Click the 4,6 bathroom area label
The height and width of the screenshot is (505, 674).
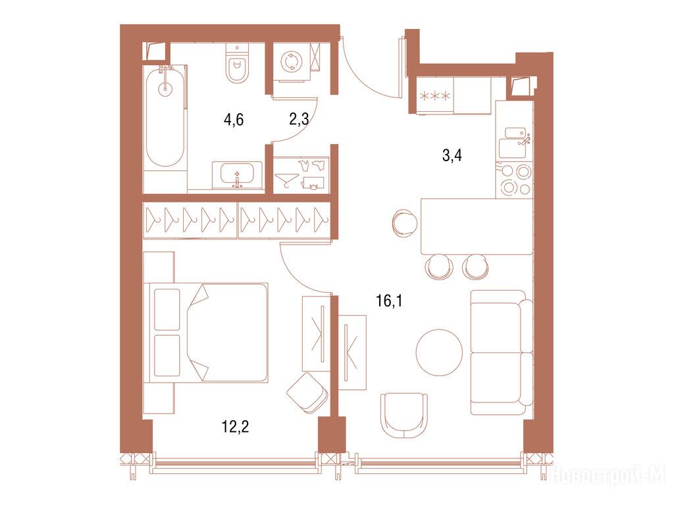[x=234, y=120]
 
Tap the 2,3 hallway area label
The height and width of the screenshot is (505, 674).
[x=299, y=119]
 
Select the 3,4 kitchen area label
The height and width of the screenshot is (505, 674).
[x=452, y=155]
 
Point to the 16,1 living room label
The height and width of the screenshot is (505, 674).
[x=389, y=301]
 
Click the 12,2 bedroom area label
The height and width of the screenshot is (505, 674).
[x=236, y=427]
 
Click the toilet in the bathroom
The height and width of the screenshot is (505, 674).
[x=237, y=64]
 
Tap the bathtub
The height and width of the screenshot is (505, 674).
[x=165, y=116]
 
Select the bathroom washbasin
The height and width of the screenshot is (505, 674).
[x=236, y=175]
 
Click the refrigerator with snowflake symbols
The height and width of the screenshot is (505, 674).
[x=435, y=95]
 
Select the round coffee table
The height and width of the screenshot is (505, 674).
[x=439, y=352]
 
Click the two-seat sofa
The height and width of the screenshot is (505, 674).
[x=502, y=352]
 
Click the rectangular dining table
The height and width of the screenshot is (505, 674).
[x=477, y=226]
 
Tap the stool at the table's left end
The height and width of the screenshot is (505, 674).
[x=405, y=222]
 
